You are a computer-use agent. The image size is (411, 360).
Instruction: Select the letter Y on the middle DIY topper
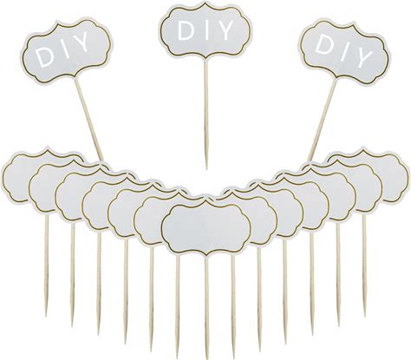224,30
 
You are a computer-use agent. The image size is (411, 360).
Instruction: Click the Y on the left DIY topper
79,43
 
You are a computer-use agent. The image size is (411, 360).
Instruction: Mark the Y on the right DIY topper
363,56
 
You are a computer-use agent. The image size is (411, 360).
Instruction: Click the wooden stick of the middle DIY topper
205,114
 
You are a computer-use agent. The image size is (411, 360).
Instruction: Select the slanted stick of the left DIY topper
89,119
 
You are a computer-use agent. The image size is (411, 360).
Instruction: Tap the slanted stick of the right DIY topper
322,120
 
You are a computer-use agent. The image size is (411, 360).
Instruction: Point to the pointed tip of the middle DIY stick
206,168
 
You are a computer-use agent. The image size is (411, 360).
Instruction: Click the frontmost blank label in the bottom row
205,228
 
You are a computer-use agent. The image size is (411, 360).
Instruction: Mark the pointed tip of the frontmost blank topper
205,358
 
